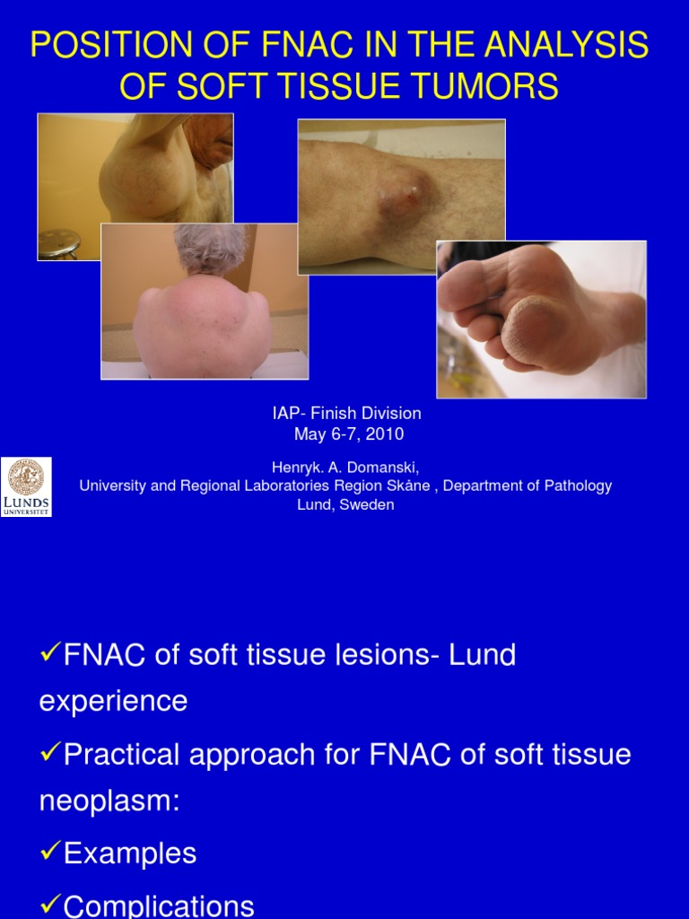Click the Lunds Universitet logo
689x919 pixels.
(26, 486)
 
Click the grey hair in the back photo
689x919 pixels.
(210, 247)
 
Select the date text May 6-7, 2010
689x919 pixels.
(349, 434)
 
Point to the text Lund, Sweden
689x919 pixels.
(345, 504)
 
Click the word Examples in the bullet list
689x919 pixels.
(130, 853)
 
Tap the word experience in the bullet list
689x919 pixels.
(113, 701)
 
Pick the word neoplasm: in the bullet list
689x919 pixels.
(109, 801)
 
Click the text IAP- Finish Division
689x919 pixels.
(346, 414)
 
